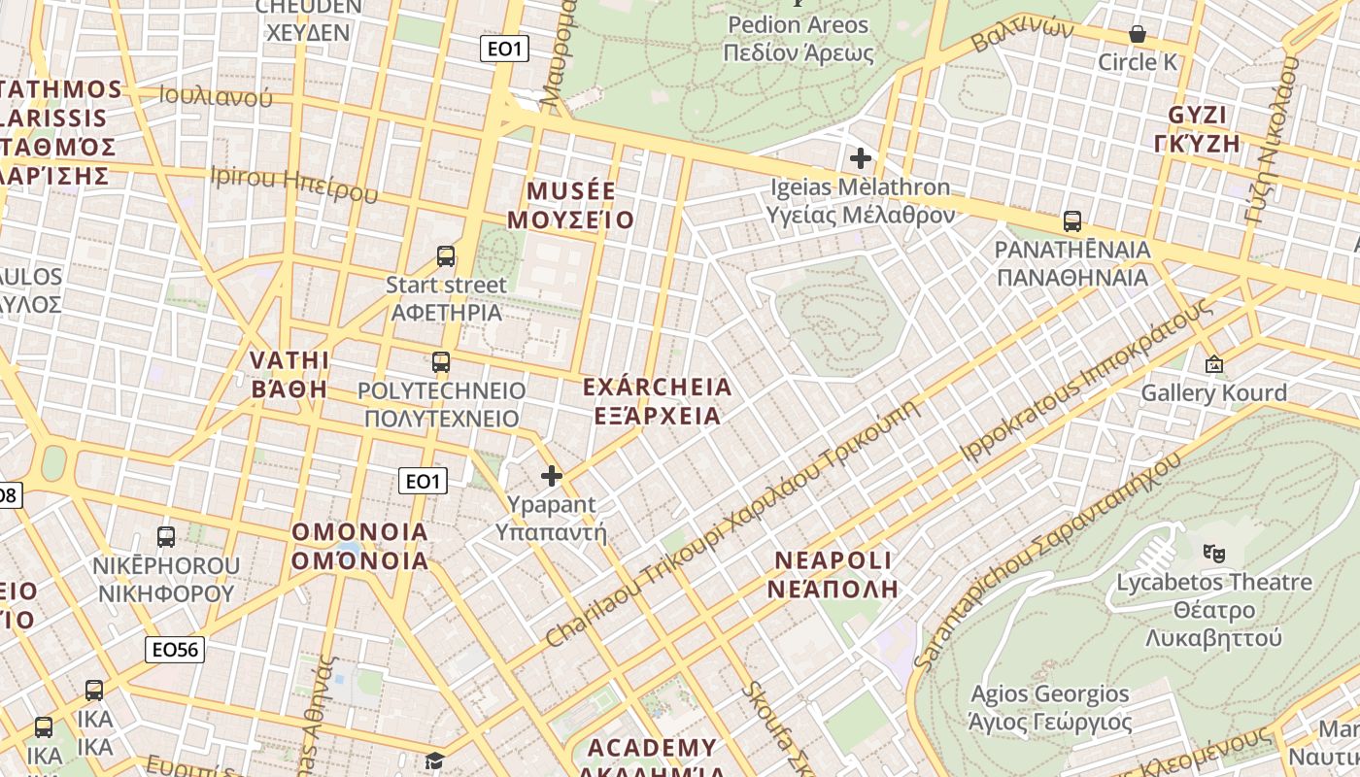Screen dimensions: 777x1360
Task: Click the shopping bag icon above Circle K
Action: coord(1138,35)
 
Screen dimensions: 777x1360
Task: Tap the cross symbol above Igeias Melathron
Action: coord(861,157)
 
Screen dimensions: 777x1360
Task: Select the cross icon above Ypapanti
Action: coord(552,476)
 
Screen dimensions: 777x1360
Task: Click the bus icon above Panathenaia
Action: coord(1072,220)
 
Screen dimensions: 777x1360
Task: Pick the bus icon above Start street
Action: coord(446,256)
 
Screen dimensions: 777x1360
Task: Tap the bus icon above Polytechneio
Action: coord(441,362)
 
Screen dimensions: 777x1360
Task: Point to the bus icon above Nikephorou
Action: coord(166,536)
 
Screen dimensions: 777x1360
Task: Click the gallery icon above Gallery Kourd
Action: coord(1213,364)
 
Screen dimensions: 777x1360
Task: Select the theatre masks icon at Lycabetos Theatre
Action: coord(1213,553)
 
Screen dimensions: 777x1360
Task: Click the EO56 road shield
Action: coord(175,650)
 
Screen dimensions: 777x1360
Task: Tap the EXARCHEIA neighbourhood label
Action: coord(657,401)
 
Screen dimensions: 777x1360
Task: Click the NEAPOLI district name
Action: coord(832,574)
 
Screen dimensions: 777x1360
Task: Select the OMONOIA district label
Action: coord(360,546)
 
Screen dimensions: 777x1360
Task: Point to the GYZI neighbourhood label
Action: coord(1198,128)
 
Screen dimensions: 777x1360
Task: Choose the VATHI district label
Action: coord(289,374)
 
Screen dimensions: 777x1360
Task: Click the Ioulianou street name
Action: coord(216,96)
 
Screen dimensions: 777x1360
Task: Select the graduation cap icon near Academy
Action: coord(434,760)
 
